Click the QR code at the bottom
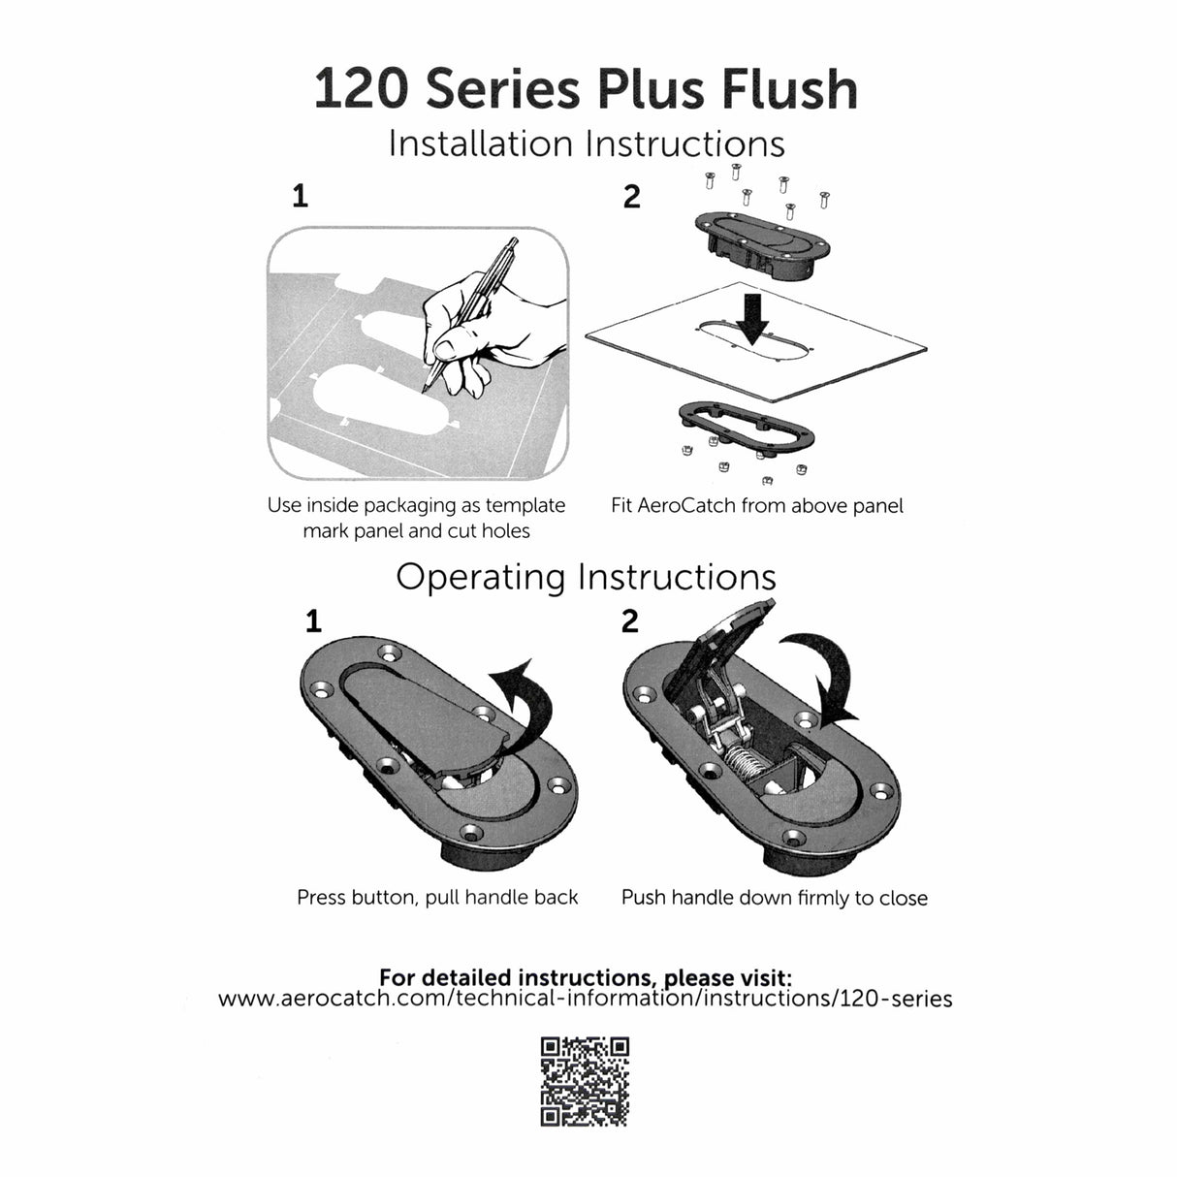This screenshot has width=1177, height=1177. (585, 1081)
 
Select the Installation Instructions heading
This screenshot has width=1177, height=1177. (586, 144)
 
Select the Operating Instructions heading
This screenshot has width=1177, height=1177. (586, 577)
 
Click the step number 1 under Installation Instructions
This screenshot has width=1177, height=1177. (301, 197)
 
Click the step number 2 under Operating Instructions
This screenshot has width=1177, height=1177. (630, 620)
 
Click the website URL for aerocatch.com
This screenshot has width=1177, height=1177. (586, 999)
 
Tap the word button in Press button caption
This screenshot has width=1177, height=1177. (385, 898)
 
